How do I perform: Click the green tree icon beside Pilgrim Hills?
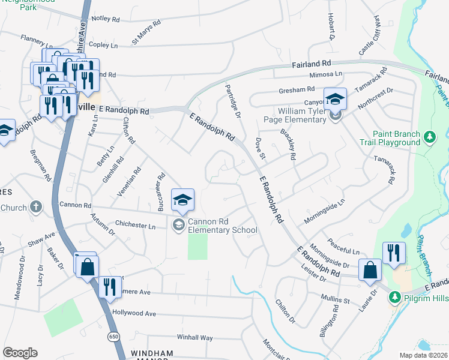click(394, 297)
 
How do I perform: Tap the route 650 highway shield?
click(113, 337)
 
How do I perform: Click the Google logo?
click(20, 353)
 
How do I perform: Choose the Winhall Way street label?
click(194, 338)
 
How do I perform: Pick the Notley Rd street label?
click(106, 19)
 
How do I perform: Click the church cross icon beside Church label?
click(35, 208)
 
